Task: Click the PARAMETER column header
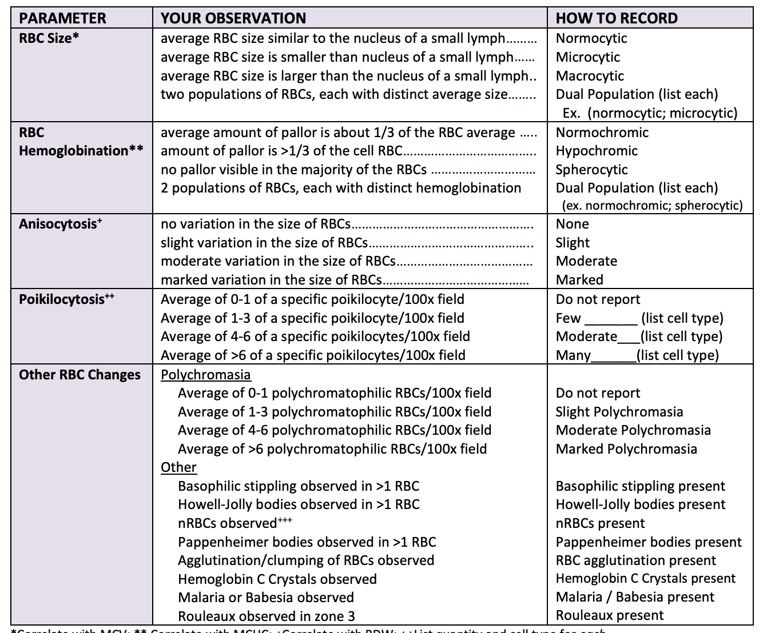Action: coord(62,18)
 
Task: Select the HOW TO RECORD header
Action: coord(617,18)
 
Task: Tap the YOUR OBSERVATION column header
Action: coord(233,18)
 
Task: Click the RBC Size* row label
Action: coord(45,38)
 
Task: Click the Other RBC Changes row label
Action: coord(80,375)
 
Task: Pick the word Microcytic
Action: coord(587,57)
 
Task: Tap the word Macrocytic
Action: coord(590,76)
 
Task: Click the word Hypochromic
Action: coord(597,151)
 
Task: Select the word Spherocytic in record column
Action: coord(591,170)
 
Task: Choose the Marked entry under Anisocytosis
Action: coord(579,280)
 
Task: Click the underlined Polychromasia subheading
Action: coord(205,375)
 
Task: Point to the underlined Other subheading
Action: coord(178,467)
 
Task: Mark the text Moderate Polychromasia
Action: coord(633,430)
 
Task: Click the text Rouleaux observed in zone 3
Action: coord(266,616)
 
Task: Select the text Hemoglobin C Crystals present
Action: coord(645,579)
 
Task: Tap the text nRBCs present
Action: coord(600,523)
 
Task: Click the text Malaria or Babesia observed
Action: coord(265,598)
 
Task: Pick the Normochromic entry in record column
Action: coord(602,133)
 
